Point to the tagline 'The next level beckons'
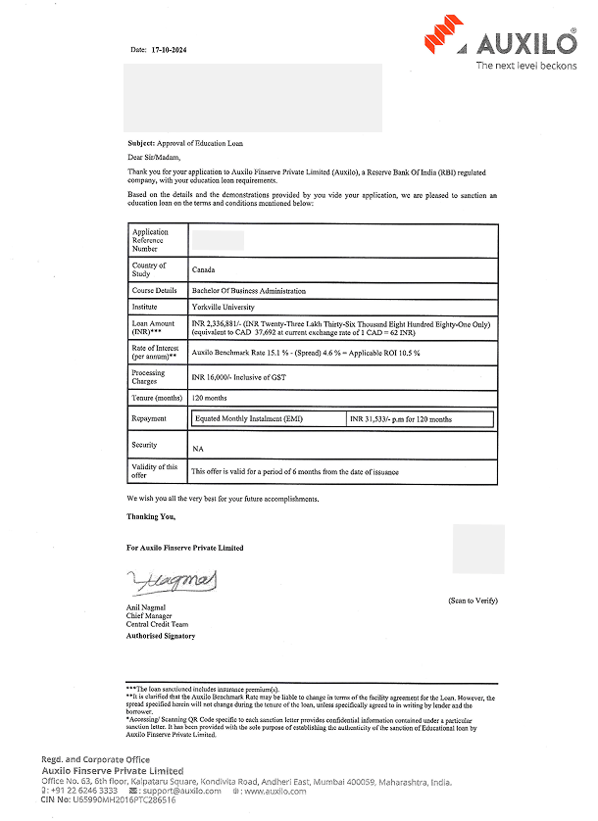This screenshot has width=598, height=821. [525, 65]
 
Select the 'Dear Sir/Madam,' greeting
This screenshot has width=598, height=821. [154, 156]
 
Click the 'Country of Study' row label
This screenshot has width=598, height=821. [149, 269]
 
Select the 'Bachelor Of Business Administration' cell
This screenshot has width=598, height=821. [248, 291]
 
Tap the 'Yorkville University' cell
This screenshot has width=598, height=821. [223, 307]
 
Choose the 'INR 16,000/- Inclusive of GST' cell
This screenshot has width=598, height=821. [238, 377]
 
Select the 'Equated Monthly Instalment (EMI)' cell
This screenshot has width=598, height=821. [250, 419]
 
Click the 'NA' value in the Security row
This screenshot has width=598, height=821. [197, 448]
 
